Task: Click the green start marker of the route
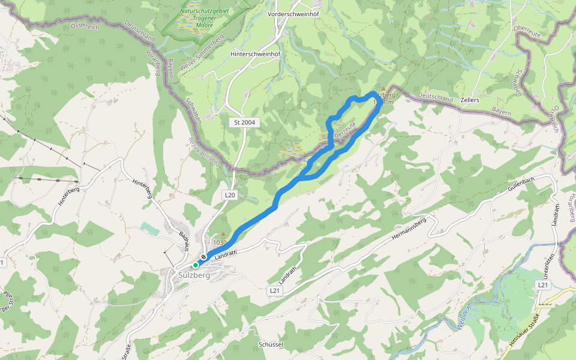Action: [x=196, y=265]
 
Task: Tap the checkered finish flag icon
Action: [x=204, y=257]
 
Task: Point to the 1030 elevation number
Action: [x=220, y=243]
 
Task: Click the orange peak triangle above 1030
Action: [x=224, y=234]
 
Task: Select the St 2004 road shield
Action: [x=245, y=122]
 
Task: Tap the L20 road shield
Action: [x=230, y=195]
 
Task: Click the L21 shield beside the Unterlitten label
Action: [x=543, y=285]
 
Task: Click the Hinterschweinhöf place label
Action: [x=256, y=54]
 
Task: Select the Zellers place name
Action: [x=470, y=100]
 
